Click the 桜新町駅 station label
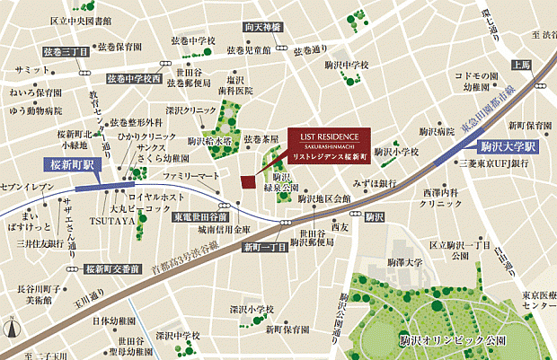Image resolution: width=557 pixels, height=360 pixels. (75, 166)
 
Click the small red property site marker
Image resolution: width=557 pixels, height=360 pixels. (249, 182)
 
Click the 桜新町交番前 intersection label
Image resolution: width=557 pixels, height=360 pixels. (113, 268)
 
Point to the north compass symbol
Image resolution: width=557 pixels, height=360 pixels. (11, 328)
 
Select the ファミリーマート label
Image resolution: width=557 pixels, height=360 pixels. (190, 175)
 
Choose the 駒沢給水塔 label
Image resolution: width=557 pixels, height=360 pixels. (210, 141)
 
